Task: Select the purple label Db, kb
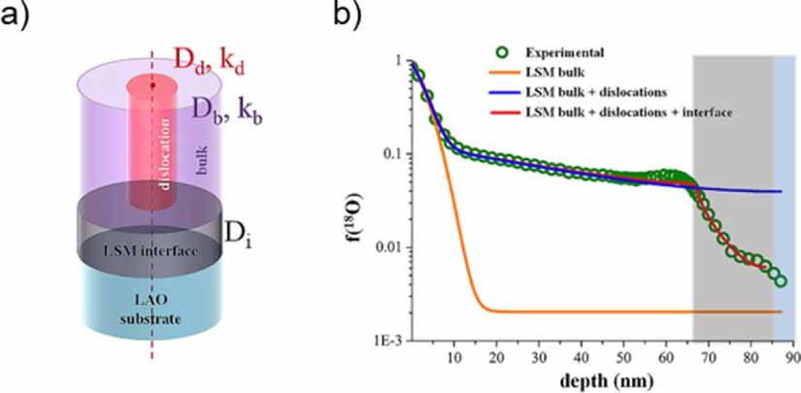coord(230,108)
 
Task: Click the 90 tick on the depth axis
coord(792,357)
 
